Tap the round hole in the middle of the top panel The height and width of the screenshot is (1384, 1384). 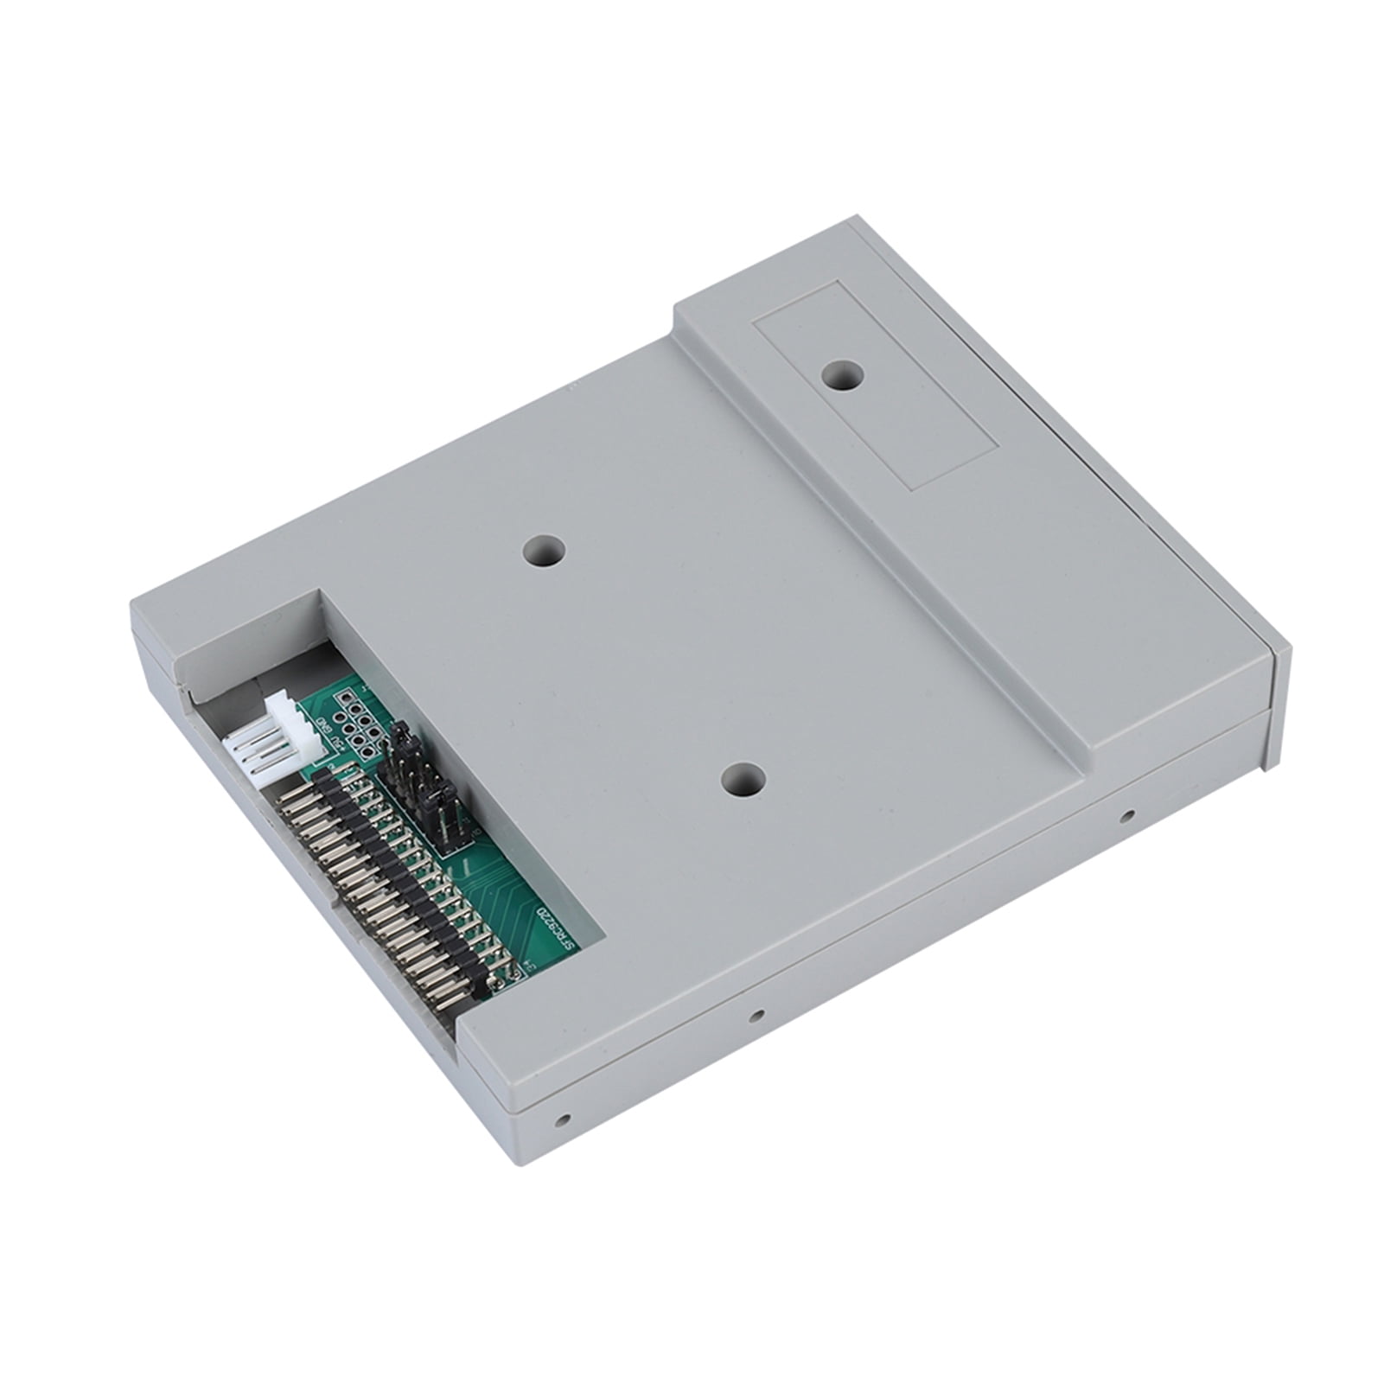tap(546, 551)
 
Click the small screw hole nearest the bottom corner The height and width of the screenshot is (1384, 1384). tap(563, 1118)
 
